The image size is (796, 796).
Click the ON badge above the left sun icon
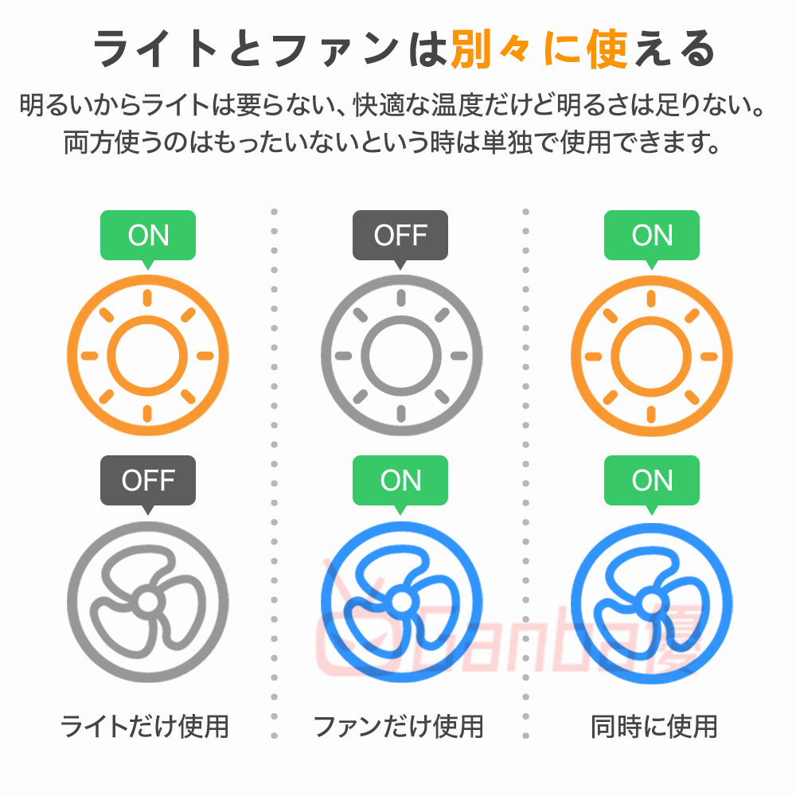[148, 235]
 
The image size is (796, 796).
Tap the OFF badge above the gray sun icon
[400, 235]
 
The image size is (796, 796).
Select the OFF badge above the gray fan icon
[148, 480]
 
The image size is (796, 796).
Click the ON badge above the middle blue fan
[400, 480]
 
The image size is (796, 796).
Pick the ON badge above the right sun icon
[652, 235]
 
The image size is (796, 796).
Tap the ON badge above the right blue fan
[652, 480]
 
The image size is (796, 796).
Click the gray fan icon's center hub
[147, 602]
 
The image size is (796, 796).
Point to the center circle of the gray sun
[400, 355]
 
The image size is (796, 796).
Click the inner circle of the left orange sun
[147, 355]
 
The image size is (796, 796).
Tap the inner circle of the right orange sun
[652, 355]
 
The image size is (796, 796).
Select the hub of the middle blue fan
[401, 600]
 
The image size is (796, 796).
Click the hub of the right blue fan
[652, 600]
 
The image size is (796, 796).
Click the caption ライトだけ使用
[145, 726]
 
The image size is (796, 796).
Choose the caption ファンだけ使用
[398, 726]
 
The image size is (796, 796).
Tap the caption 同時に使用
[654, 726]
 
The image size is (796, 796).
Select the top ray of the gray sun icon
[400, 298]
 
